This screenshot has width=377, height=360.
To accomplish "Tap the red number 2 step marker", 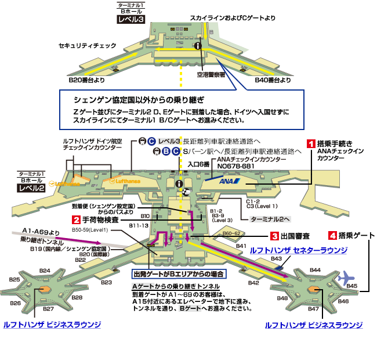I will (x=76, y=219).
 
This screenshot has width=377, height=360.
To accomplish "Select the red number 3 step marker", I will (x=274, y=236).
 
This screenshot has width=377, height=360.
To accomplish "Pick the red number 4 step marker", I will (x=332, y=236).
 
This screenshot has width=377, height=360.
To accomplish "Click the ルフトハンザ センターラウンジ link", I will (x=299, y=250).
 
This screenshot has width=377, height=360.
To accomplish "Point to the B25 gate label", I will (x=14, y=280).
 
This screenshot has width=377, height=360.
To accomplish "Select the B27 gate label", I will (x=48, y=308).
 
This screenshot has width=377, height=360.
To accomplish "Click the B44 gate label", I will (x=315, y=270).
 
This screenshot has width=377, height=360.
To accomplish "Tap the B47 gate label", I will (x=314, y=309).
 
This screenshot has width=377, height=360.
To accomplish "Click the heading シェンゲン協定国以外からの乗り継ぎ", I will (x=138, y=100).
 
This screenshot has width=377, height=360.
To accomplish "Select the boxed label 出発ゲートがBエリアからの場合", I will (x=179, y=273).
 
